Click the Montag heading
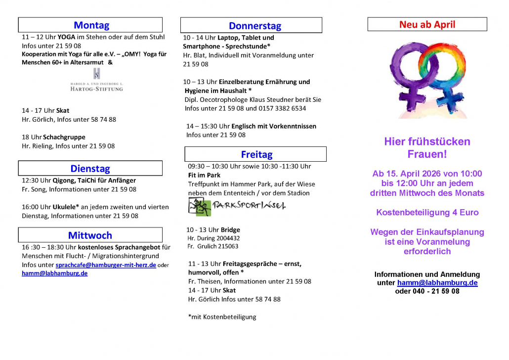[91, 25]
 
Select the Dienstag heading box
[90, 168]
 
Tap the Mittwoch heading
[90, 235]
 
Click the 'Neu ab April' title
[427, 24]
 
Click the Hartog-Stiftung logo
[96, 81]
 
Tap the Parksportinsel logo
[237, 206]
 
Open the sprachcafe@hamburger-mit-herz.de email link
[106, 265]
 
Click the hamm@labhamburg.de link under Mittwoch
[54, 273]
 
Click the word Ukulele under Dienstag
[64, 207]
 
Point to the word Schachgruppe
[64, 137]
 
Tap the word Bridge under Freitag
[231, 230]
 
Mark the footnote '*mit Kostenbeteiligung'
[222, 317]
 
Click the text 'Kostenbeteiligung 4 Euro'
[427, 213]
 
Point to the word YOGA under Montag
[67, 37]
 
